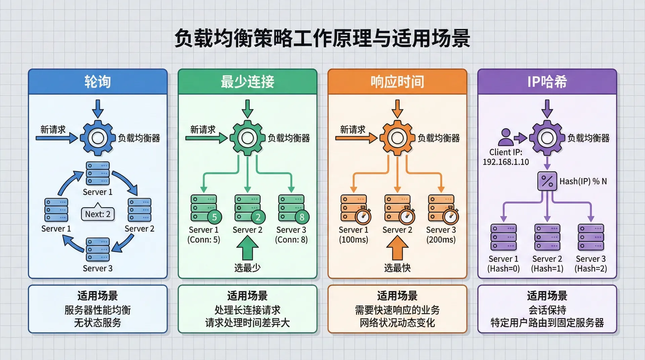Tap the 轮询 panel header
click(97, 82)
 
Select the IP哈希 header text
click(547, 82)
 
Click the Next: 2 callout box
click(98, 214)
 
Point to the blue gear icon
click(98, 138)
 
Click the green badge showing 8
click(302, 217)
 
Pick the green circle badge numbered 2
click(258, 217)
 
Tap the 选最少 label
click(247, 268)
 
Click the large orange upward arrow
click(397, 247)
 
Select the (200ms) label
click(441, 240)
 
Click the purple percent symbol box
click(547, 181)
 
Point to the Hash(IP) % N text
click(583, 181)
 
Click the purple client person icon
click(506, 137)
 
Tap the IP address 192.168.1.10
click(506, 162)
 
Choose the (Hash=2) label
click(591, 269)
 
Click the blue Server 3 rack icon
click(98, 250)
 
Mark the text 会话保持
click(547, 310)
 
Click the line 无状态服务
click(97, 323)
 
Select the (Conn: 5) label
click(204, 240)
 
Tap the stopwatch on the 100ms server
click(363, 216)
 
